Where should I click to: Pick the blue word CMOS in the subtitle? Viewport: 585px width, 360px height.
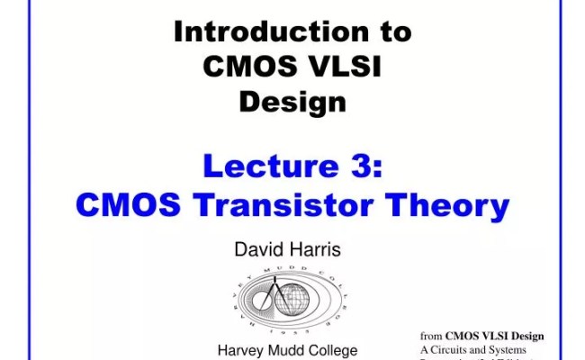128,205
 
